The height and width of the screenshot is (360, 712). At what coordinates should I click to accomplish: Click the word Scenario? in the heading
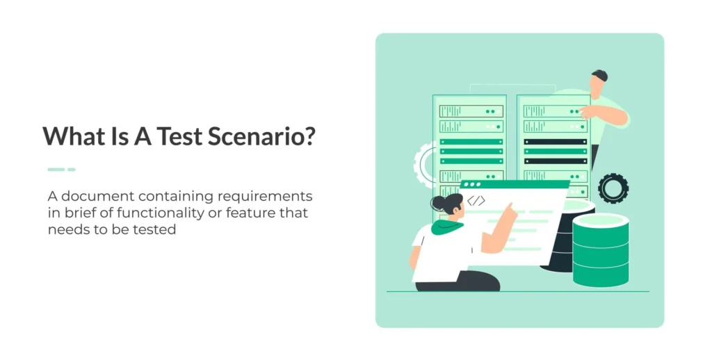pyautogui.click(x=261, y=136)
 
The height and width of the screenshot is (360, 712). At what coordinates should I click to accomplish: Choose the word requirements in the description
pyautogui.click(x=265, y=197)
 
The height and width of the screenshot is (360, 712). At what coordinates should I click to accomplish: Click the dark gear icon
pyautogui.click(x=613, y=188)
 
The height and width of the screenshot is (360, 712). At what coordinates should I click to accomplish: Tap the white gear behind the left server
pyautogui.click(x=423, y=165)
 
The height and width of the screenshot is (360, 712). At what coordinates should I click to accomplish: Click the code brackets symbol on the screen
pyautogui.click(x=476, y=201)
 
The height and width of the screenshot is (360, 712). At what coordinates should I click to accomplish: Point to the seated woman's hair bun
pyautogui.click(x=438, y=203)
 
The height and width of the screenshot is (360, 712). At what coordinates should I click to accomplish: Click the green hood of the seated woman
pyautogui.click(x=447, y=227)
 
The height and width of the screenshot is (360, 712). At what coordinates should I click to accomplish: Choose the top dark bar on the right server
pyautogui.click(x=556, y=142)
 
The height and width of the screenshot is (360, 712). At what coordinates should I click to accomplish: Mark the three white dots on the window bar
pyautogui.click(x=472, y=185)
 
